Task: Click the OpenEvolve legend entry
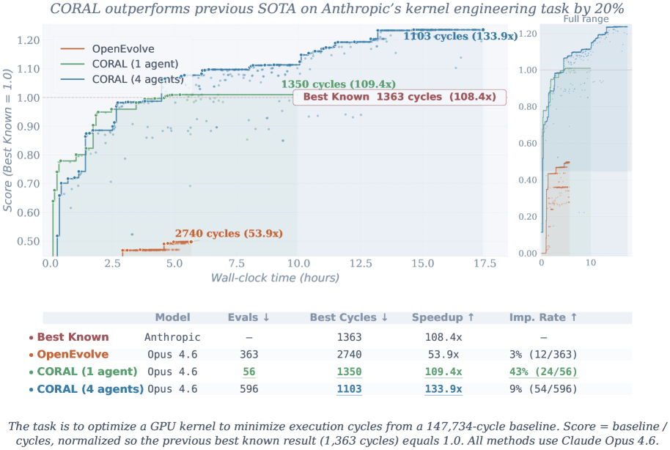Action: click(x=118, y=49)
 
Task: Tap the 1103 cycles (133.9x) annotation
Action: click(x=459, y=34)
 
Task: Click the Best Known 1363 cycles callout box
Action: click(x=400, y=97)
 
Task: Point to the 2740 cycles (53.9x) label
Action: click(x=228, y=233)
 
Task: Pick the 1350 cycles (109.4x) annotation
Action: click(x=338, y=84)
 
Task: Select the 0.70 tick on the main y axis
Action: click(x=29, y=184)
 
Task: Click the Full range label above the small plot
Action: click(x=585, y=19)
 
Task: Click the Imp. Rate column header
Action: click(x=543, y=317)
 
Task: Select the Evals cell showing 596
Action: click(x=249, y=388)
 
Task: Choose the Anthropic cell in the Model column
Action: click(x=172, y=337)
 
